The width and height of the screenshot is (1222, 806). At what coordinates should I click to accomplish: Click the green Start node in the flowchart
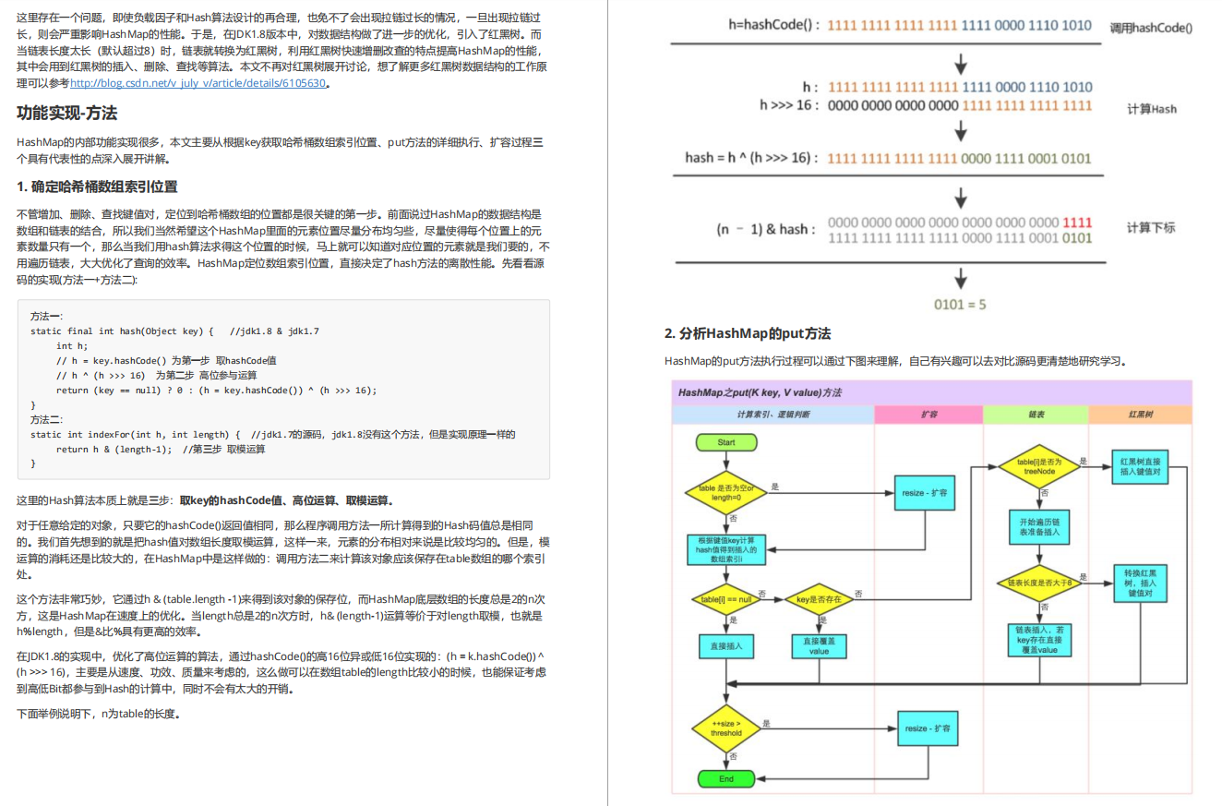726,443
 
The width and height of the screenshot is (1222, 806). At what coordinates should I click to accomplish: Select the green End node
726,778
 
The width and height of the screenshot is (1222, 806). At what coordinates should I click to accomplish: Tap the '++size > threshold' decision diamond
726,728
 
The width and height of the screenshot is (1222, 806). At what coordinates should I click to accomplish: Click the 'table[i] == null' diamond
725,599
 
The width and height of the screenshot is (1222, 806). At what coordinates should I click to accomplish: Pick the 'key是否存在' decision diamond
816,599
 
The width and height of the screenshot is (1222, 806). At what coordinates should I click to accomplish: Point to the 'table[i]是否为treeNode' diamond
1039,466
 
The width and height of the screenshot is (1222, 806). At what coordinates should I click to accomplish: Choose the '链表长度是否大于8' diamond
1039,583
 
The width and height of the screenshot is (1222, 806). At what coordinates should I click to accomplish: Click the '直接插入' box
726,645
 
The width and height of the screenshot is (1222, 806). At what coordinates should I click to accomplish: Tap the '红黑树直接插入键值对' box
1140,466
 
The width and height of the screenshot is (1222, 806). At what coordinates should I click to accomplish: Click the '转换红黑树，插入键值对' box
1140,583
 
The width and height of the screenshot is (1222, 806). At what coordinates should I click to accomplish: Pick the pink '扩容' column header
928,415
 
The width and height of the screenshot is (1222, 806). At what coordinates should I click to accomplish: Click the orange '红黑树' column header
1140,415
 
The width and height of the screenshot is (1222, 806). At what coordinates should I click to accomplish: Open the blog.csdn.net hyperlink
198,83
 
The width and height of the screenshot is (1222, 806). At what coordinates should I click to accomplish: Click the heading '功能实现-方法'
66,114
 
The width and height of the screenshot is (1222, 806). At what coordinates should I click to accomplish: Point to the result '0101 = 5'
960,304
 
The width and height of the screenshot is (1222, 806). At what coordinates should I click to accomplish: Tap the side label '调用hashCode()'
1151,28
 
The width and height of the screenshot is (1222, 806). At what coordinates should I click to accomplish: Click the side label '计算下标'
1151,228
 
